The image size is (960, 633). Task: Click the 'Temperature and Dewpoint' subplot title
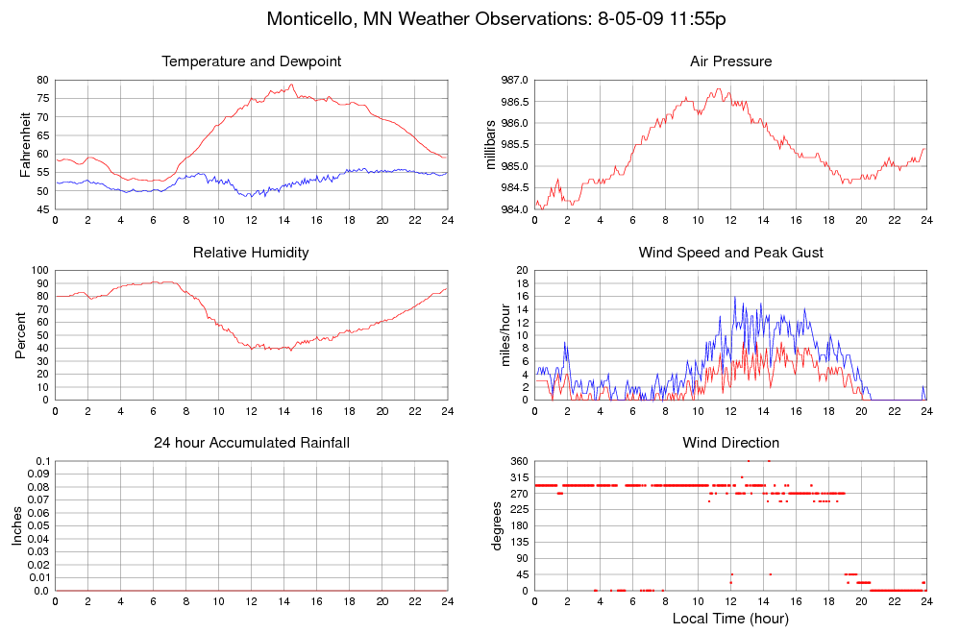click(x=252, y=61)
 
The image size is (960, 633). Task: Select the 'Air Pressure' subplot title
click(x=730, y=61)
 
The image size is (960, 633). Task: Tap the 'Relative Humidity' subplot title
click(x=252, y=253)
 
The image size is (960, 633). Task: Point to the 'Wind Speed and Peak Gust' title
click(x=730, y=253)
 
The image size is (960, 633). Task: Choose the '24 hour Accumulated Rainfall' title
click(x=252, y=443)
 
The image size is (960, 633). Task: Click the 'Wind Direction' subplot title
click(x=730, y=443)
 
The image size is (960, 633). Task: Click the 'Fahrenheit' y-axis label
click(x=26, y=144)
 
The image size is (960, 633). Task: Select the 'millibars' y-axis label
click(x=492, y=144)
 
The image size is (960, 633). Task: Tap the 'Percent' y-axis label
click(x=21, y=335)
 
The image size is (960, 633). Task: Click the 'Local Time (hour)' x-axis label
click(x=730, y=618)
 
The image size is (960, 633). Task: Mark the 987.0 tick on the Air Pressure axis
click(x=512, y=80)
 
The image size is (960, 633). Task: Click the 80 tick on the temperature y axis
click(x=42, y=80)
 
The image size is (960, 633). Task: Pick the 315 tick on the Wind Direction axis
click(x=517, y=478)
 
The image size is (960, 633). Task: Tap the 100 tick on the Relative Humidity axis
click(x=39, y=271)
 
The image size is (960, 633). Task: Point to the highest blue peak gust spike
click(x=734, y=297)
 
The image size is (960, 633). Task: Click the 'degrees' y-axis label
click(x=497, y=526)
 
